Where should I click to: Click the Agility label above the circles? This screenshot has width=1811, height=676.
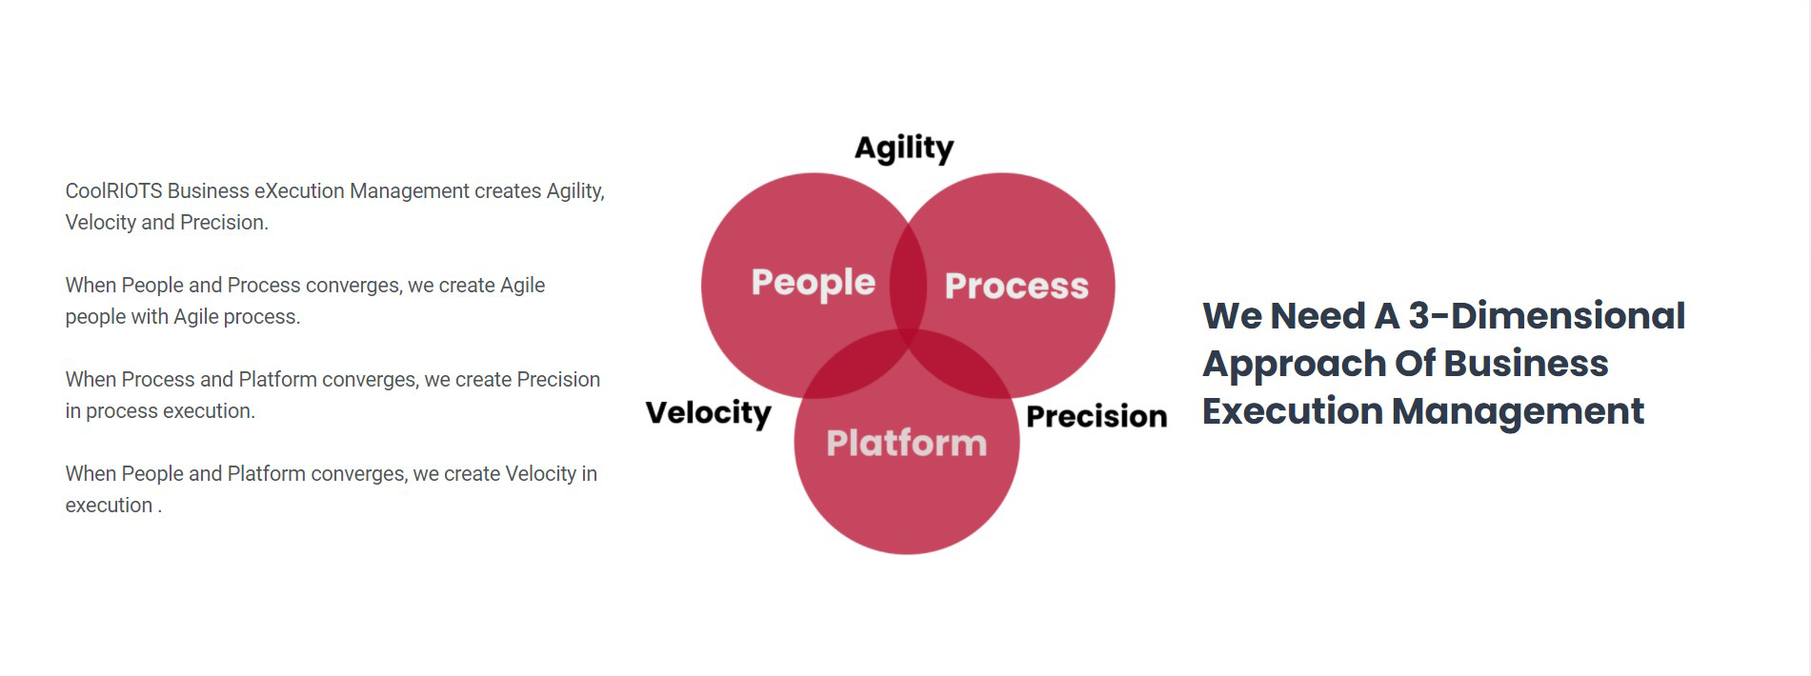pos(903,148)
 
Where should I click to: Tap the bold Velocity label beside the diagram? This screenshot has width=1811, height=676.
pos(708,412)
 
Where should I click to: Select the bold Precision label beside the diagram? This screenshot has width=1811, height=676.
pos(1096,416)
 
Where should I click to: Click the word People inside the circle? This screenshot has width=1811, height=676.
pos(813,283)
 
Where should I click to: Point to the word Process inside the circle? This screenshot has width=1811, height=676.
pos(1016,286)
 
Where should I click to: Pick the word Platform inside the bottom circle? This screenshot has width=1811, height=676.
pos(906,443)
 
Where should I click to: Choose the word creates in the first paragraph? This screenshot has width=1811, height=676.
pos(508,191)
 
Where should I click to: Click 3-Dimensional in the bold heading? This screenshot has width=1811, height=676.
pos(1546,316)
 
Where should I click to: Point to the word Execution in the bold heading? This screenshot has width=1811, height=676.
pos(1292,411)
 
